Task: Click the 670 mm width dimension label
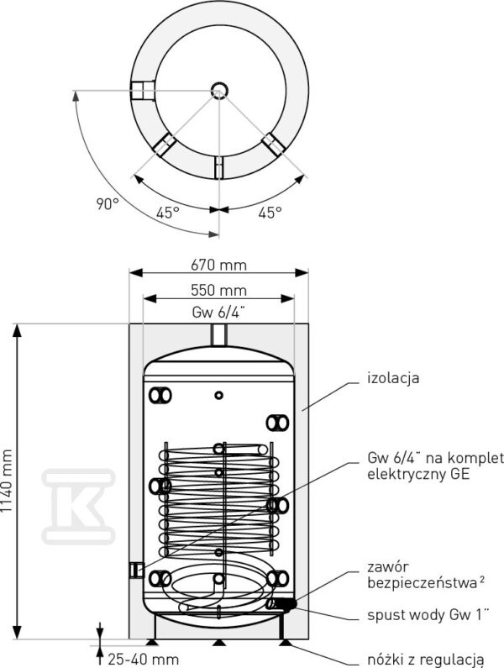tap(218, 266)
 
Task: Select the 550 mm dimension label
tap(218, 291)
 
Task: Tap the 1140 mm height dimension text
tap(7, 481)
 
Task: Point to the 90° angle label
tap(107, 204)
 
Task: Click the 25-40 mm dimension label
tap(143, 660)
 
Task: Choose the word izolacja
tap(393, 378)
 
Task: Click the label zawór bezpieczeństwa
tap(426, 575)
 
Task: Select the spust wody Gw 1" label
tap(428, 615)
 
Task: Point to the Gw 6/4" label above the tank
tap(218, 313)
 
